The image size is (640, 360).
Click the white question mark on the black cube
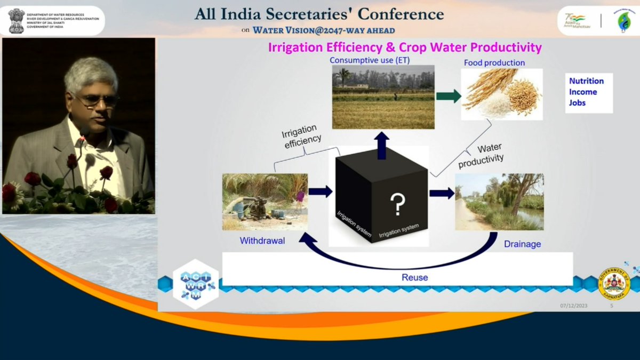coord(396,203)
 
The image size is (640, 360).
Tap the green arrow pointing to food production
coord(449,97)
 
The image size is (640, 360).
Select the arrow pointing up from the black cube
coord(382,145)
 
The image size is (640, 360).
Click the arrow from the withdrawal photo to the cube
coord(320,191)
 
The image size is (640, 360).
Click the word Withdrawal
coord(262,241)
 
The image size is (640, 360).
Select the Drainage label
coord(522,244)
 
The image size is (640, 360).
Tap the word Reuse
coord(414,278)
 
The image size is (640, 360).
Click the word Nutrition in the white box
coord(586,81)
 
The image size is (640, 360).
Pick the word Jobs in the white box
coord(577,102)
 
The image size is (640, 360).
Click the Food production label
coord(494,63)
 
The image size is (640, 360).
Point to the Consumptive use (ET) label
coord(370,60)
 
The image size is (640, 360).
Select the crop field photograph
coord(383,97)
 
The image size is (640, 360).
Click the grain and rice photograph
coord(501,94)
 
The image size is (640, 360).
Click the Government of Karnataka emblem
coord(615,283)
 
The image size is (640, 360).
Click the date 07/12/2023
coord(573,306)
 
